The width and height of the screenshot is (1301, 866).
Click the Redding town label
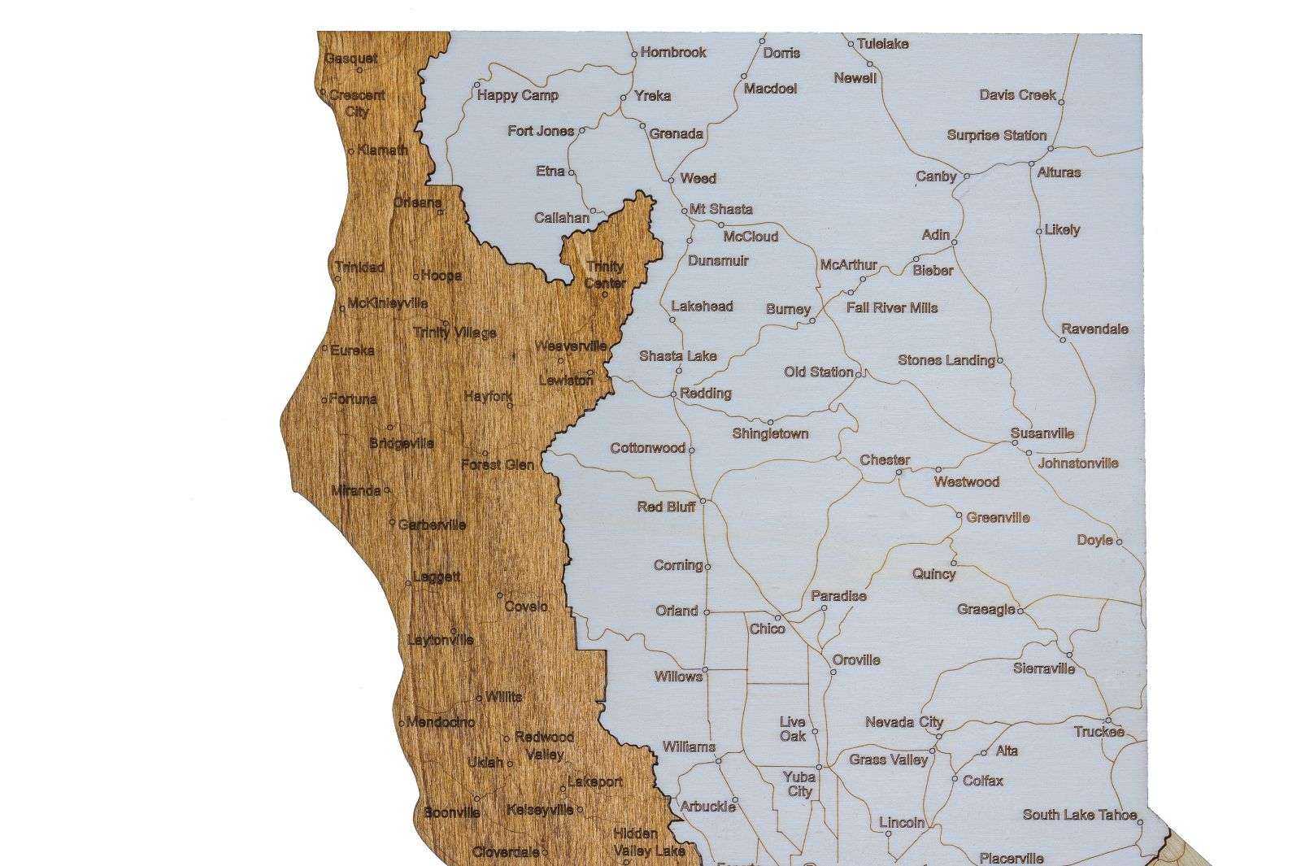pyautogui.click(x=705, y=394)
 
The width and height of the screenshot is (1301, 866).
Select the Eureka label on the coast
pyautogui.click(x=352, y=350)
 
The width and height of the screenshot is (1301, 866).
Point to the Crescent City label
pyautogui.click(x=357, y=103)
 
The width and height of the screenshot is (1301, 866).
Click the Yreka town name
pyautogui.click(x=652, y=96)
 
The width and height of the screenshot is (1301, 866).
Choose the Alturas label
pyautogui.click(x=1059, y=172)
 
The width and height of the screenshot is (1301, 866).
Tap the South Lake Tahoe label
pyautogui.click(x=1081, y=815)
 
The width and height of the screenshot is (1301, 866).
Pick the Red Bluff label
pyautogui.click(x=666, y=507)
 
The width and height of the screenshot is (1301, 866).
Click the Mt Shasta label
pyautogui.click(x=720, y=209)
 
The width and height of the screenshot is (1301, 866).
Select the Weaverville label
pyautogui.click(x=570, y=346)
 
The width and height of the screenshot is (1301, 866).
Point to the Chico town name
pyautogui.click(x=767, y=629)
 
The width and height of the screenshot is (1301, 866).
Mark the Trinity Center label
pyautogui.click(x=605, y=274)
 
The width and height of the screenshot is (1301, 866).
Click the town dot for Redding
pyautogui.click(x=673, y=394)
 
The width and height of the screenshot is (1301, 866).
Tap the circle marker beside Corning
pyautogui.click(x=707, y=566)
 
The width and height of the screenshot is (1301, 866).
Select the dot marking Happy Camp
pyautogui.click(x=477, y=85)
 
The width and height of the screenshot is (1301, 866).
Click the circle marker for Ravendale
pyautogui.click(x=1063, y=340)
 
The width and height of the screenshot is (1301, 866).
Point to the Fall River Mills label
pyautogui.click(x=891, y=307)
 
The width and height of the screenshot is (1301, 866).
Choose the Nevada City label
pyautogui.click(x=903, y=722)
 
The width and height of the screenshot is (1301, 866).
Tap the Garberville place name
pyautogui.click(x=432, y=524)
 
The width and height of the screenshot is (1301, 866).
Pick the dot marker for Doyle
pyautogui.click(x=1119, y=541)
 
